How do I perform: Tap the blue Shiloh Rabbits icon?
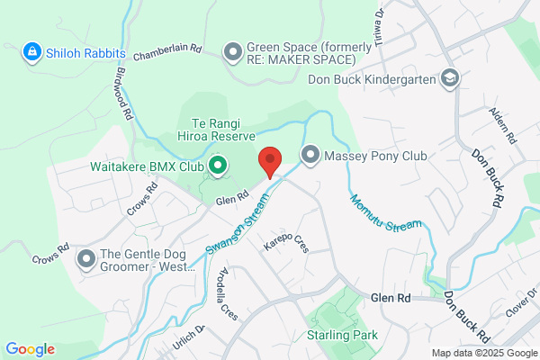pos(32,52)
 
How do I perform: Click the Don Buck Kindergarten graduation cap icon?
pos(450,79)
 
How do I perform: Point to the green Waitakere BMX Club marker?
pos(217,166)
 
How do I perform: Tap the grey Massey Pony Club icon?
pos(310,157)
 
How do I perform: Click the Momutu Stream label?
pos(385,211)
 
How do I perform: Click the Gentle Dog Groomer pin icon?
pos(87,260)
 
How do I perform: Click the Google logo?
pos(30,349)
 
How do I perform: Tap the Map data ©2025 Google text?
pos(482,352)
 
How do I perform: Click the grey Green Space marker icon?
pos(233,52)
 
